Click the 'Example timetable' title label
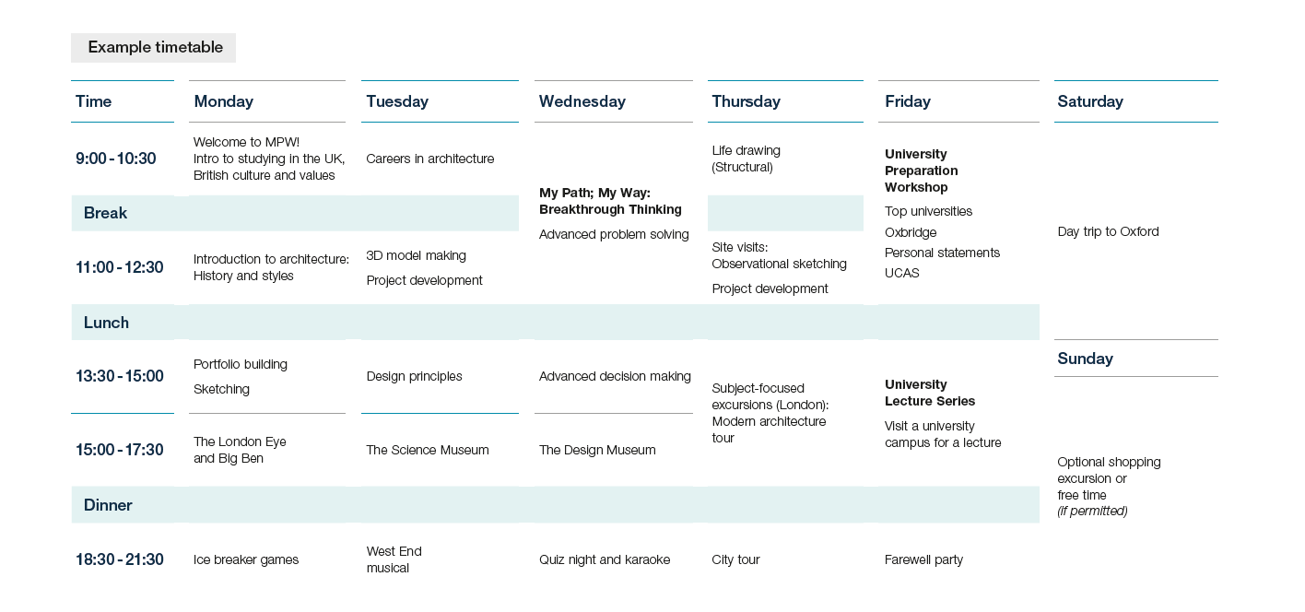pos(155,47)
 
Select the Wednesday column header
pos(582,101)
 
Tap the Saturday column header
pos(1090,101)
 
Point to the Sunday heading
pos(1085,359)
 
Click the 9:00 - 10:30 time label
pos(115,159)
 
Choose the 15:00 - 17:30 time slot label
pos(120,450)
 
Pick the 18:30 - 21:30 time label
pos(120,559)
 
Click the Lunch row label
pos(106,323)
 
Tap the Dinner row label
pos(108,505)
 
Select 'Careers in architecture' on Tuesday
pos(430,159)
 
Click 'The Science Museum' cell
pos(428,450)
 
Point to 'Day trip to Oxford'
pos(1108,231)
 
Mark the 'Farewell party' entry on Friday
pos(923,559)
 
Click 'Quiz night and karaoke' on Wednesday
pos(605,559)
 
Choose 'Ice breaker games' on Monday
pos(246,559)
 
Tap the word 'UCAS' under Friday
pos(902,273)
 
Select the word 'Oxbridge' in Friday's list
pos(911,232)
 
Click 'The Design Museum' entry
pos(597,450)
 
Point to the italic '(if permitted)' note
pos(1092,512)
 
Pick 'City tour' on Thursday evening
pos(735,559)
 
